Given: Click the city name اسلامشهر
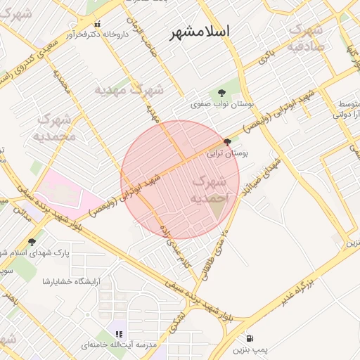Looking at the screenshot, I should [200, 33].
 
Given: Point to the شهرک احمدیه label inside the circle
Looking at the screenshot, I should [209, 190].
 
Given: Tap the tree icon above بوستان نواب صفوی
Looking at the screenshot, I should [221, 92].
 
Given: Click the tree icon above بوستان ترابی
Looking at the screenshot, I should [226, 141].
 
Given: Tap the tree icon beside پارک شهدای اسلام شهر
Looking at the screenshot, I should [32, 242].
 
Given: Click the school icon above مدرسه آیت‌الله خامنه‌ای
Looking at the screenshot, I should [119, 334].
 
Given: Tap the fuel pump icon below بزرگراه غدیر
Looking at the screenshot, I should [251, 339].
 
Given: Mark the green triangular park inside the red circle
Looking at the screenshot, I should [219, 208].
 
